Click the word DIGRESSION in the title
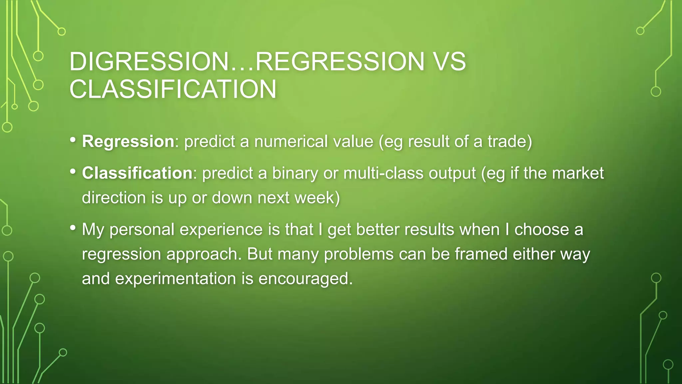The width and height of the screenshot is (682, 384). (148, 62)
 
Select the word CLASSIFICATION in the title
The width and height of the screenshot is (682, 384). (173, 89)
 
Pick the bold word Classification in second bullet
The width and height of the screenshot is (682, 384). (137, 173)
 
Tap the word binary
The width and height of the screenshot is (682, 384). (295, 173)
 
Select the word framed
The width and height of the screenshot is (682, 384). (481, 254)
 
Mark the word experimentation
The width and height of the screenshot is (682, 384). (175, 279)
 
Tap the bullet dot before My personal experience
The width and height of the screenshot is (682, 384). (73, 228)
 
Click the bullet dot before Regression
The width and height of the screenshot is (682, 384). (73, 140)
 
